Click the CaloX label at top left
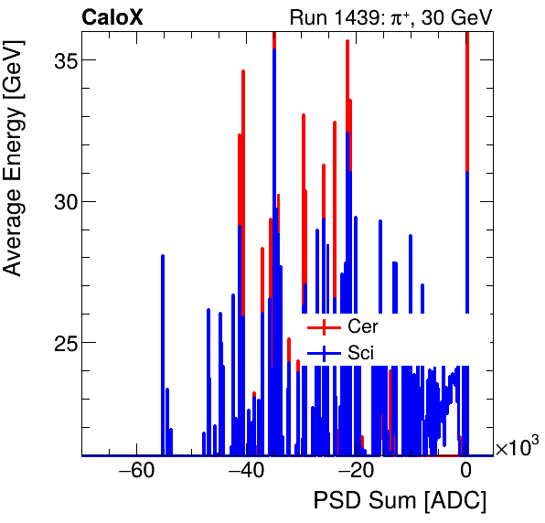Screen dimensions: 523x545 (112, 16)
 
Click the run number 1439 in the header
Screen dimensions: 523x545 (348, 16)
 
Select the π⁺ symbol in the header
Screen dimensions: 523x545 (394, 16)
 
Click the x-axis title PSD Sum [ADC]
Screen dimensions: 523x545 (400, 501)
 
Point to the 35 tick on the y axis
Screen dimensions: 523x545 (61, 60)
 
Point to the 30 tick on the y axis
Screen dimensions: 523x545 (61, 201)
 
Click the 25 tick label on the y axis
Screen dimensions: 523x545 (61, 343)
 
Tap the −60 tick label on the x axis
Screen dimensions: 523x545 (135, 472)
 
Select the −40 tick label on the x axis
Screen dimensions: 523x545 (245, 472)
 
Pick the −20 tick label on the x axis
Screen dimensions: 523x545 (355, 472)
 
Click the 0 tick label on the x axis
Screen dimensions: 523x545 (466, 472)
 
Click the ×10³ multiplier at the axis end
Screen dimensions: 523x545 (517, 448)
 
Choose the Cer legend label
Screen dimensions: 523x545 (362, 326)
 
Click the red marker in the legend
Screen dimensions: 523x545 (323, 326)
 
